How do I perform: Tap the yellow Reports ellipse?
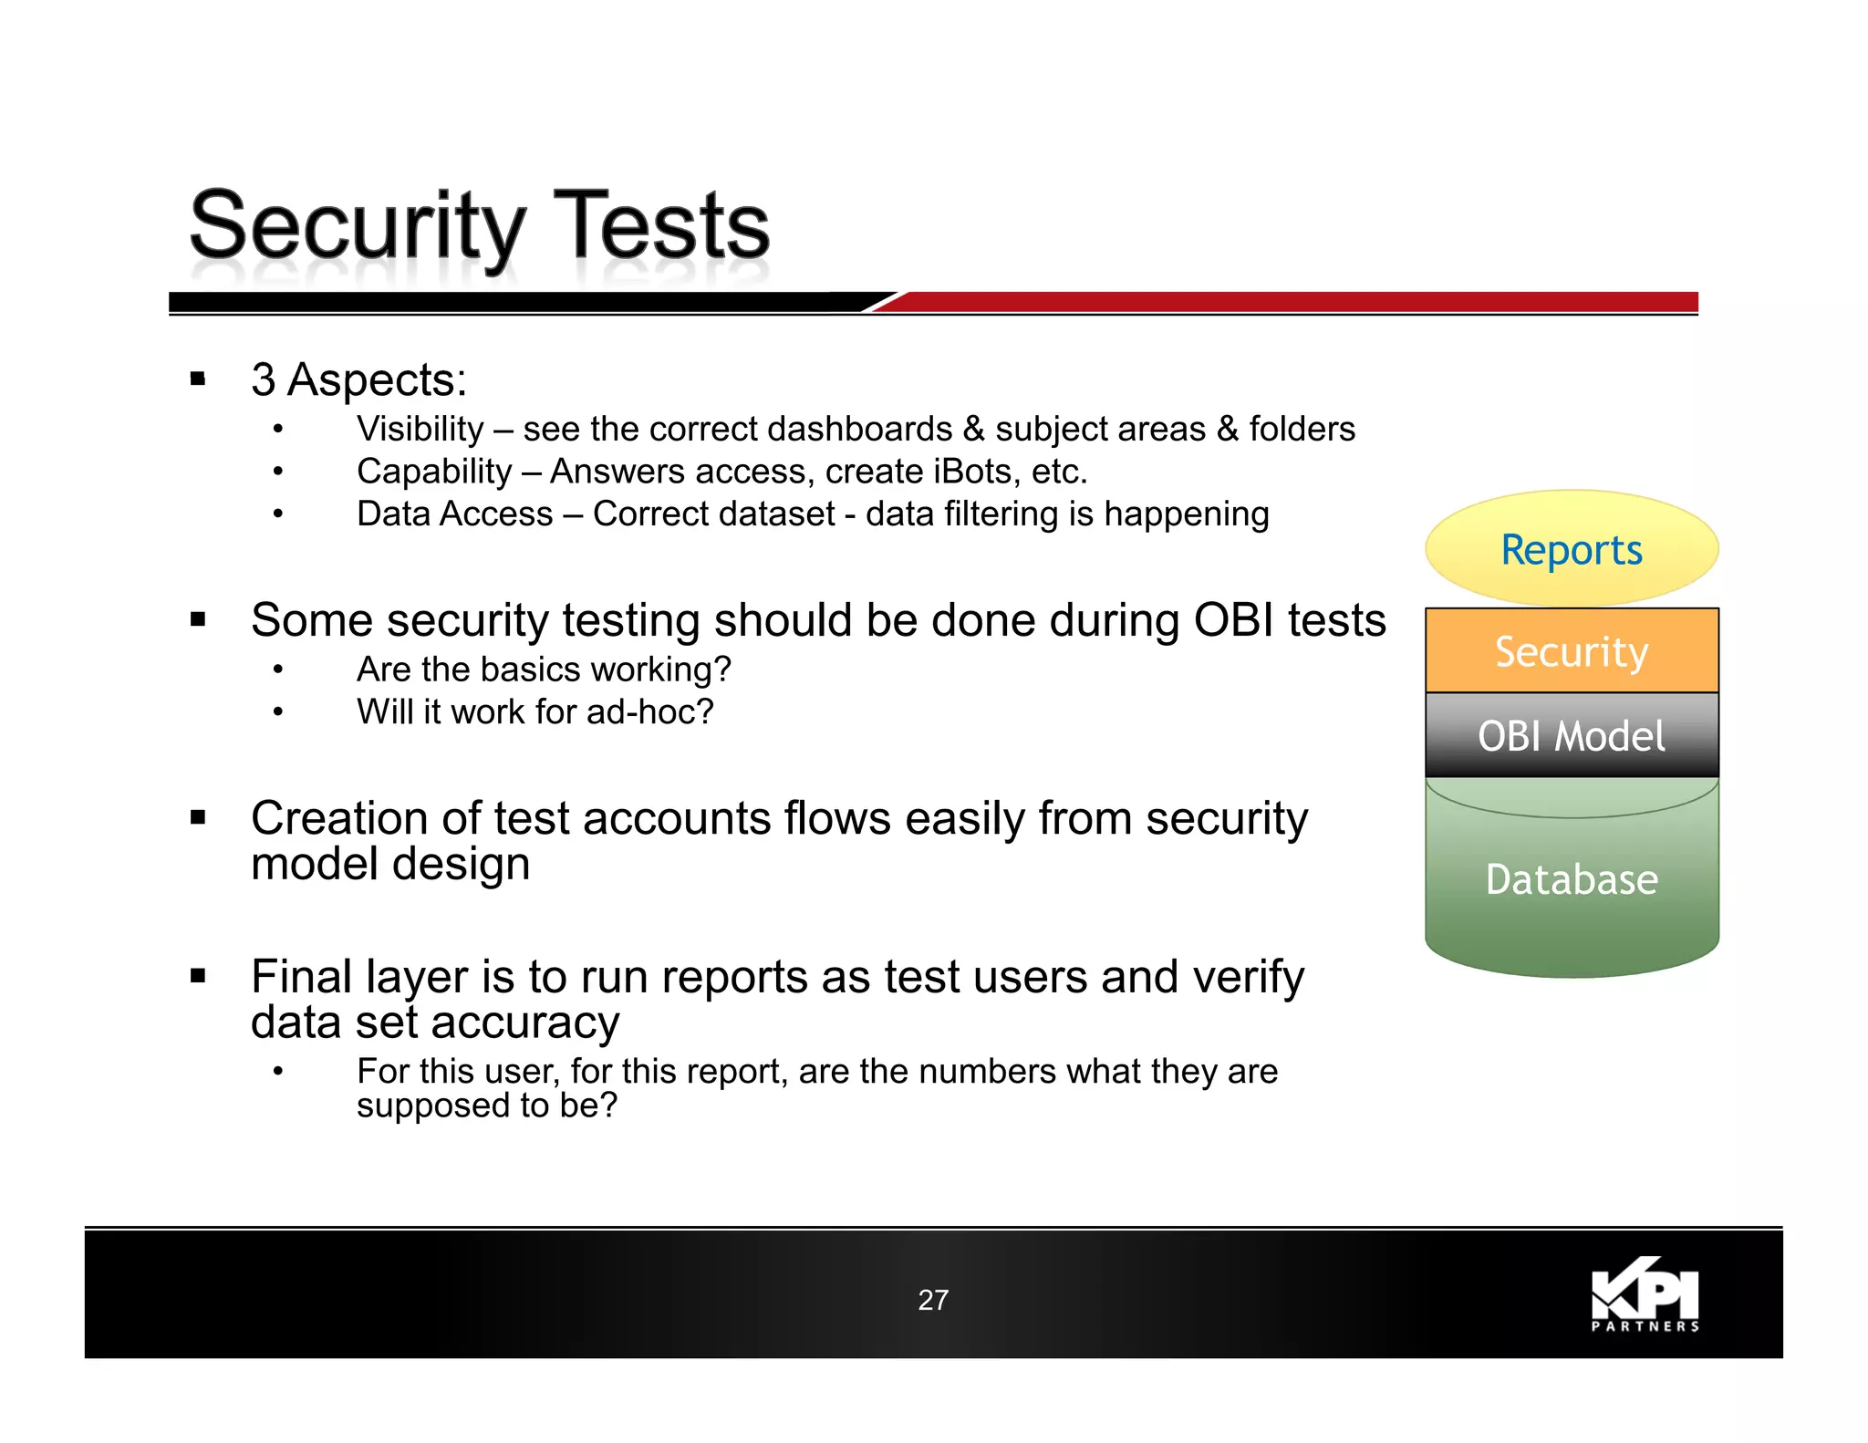(x=1571, y=549)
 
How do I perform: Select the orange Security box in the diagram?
(x=1571, y=650)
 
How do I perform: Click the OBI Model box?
(x=1571, y=735)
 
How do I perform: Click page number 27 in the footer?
(x=932, y=1299)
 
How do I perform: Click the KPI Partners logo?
(x=1645, y=1295)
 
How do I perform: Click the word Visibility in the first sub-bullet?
(x=420, y=429)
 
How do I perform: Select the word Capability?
(x=434, y=472)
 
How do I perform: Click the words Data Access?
(x=454, y=514)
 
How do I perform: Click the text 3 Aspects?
(x=358, y=379)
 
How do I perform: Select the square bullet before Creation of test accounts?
(x=198, y=817)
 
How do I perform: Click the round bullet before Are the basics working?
(x=277, y=670)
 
